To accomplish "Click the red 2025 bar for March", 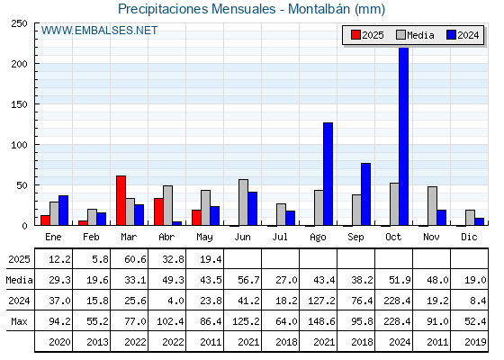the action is coord(121,201).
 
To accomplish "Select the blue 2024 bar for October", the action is coord(403,136).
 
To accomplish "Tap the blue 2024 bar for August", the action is coord(328,174).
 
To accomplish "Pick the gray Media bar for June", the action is coord(243,202).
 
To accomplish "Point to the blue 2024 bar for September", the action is coord(365,194).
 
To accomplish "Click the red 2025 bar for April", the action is coord(158,211).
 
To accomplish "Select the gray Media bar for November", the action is coord(432,206).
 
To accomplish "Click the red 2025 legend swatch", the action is coord(355,35).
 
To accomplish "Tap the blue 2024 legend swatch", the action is coord(451,35).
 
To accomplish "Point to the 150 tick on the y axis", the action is coord(19,104).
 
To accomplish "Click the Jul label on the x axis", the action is coord(280,237).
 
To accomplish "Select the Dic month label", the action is coord(469,237).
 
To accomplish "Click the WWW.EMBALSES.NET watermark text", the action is coord(99,31).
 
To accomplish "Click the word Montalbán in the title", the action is coord(319,9).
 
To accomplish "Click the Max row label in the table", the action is coord(19,321).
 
